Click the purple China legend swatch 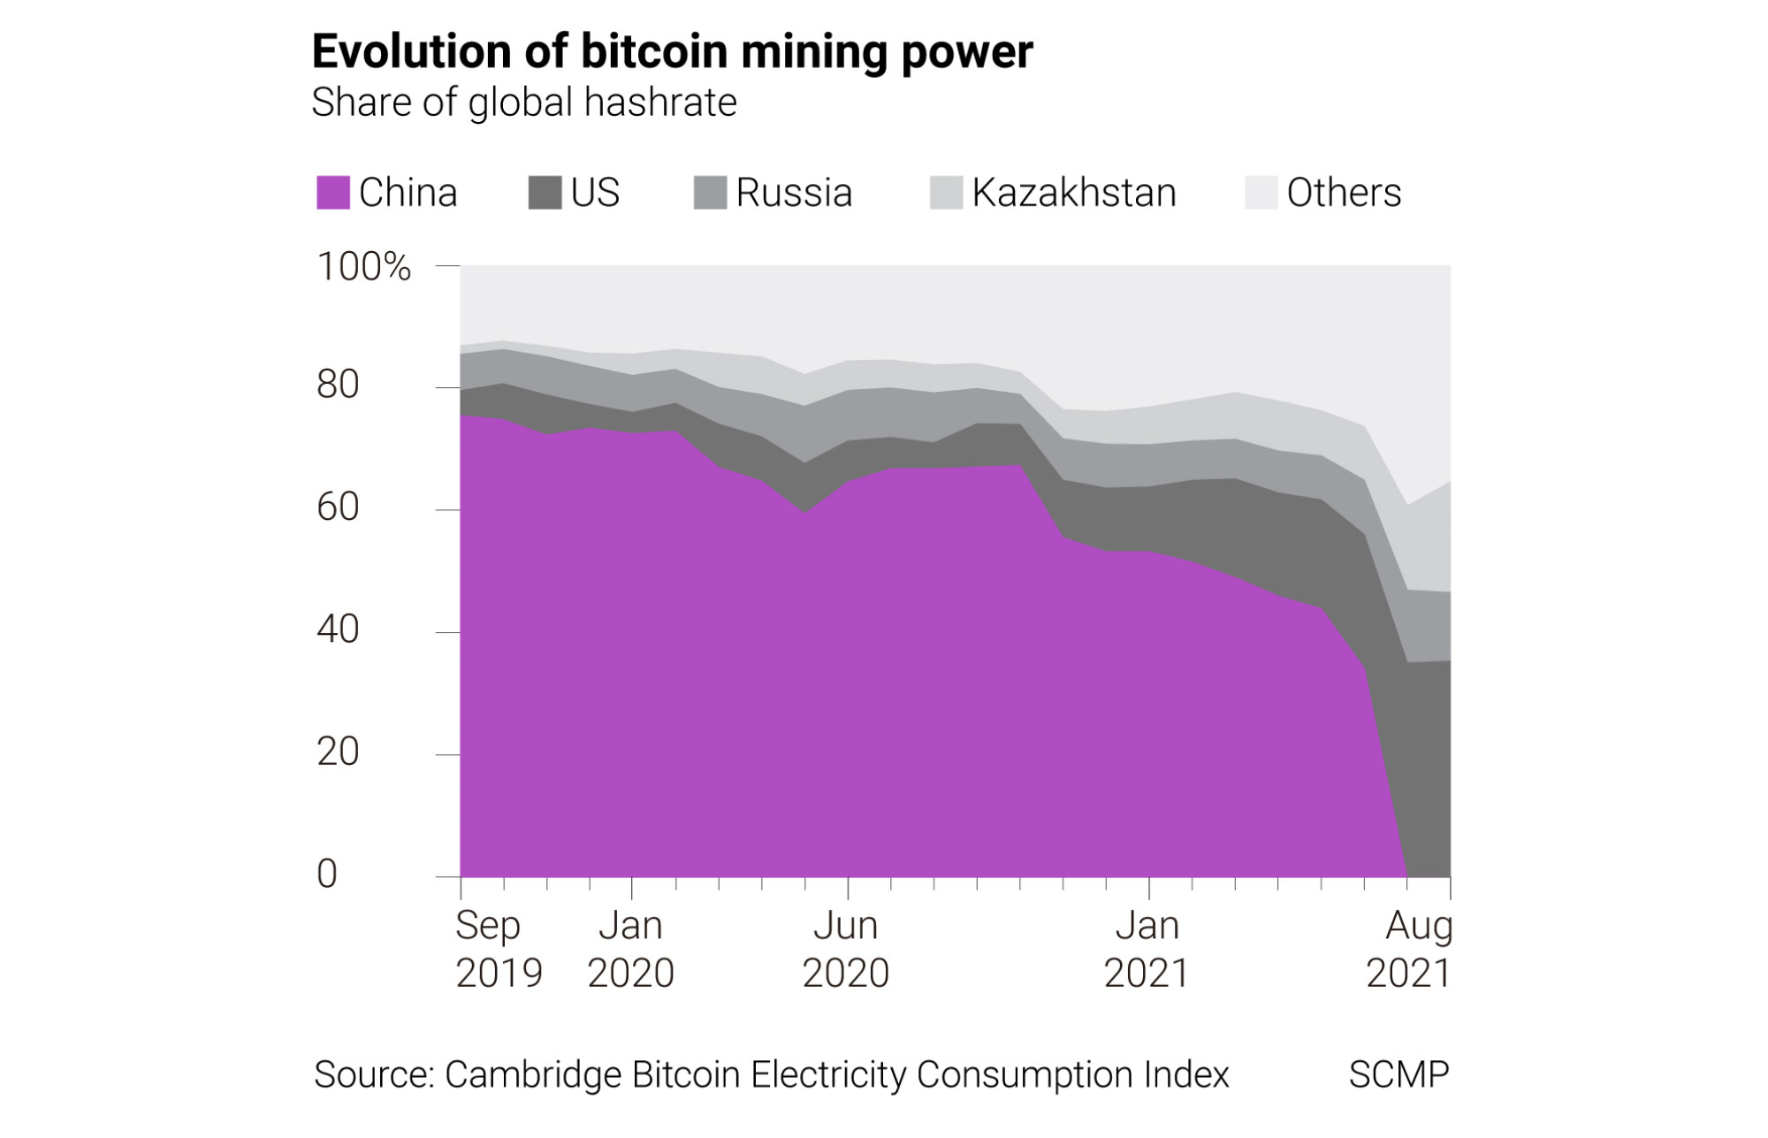[x=333, y=193]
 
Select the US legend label [x=595, y=193]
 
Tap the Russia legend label [x=794, y=193]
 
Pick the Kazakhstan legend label [x=1074, y=193]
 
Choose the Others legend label [x=1344, y=193]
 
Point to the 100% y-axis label [x=364, y=267]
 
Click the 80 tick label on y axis [x=339, y=385]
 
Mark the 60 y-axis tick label [x=339, y=508]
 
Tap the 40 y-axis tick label [x=339, y=630]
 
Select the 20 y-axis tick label [x=339, y=752]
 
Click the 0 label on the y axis [x=327, y=875]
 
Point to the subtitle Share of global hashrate [x=524, y=103]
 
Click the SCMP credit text [x=1398, y=1075]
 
